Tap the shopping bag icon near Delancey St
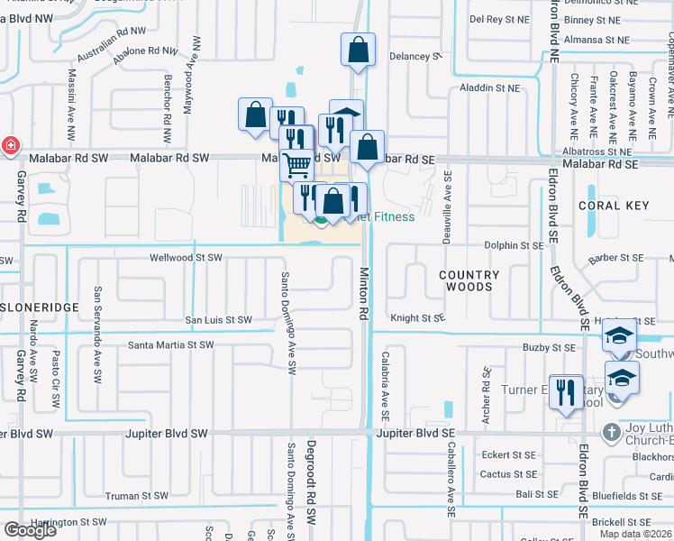coord(358,51)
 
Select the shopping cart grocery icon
coord(296,166)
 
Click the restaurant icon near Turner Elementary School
coord(566,393)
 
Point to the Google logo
coord(30,530)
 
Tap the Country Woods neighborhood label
coord(469,280)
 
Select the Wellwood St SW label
coord(186,258)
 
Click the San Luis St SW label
coord(218,320)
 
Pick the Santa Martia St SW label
coord(171,344)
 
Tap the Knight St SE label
coord(417,317)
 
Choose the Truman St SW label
coord(136,496)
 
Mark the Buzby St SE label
coord(549,347)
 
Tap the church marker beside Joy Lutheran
coord(613,431)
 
